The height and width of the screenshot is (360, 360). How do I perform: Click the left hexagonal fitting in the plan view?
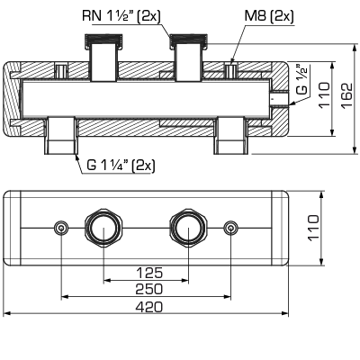pos(103,229)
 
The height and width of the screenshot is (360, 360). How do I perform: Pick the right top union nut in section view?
pos(189,40)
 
